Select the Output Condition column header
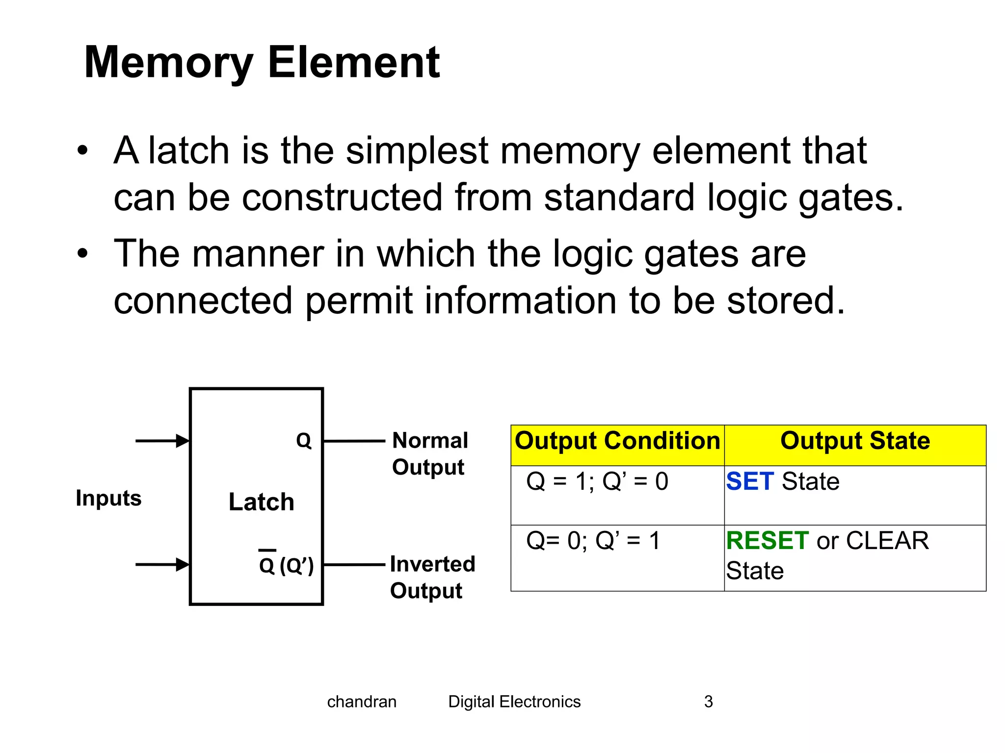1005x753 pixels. pyautogui.click(x=617, y=441)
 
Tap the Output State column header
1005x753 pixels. pyautogui.click(x=855, y=441)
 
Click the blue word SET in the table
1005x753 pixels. pyautogui.click(x=749, y=481)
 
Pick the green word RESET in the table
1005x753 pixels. pyautogui.click(x=767, y=541)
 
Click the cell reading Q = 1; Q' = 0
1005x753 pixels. pyautogui.click(x=597, y=481)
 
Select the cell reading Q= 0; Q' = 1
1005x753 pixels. pyautogui.click(x=593, y=541)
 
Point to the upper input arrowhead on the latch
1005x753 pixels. pyautogui.click(x=183, y=441)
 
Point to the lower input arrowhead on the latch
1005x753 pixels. pyautogui.click(x=183, y=564)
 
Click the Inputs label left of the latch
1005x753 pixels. pyautogui.click(x=108, y=498)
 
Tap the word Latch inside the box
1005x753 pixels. pyautogui.click(x=261, y=502)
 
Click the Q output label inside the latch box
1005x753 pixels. pyautogui.click(x=304, y=441)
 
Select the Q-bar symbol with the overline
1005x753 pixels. pyautogui.click(x=267, y=564)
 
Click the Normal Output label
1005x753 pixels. pyautogui.click(x=429, y=453)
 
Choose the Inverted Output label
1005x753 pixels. pyautogui.click(x=432, y=577)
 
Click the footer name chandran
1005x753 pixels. pyautogui.click(x=362, y=702)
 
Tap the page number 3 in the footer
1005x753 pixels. pyautogui.click(x=708, y=702)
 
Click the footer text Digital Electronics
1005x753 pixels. pyautogui.click(x=514, y=702)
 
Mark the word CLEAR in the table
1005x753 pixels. pyautogui.click(x=887, y=541)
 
